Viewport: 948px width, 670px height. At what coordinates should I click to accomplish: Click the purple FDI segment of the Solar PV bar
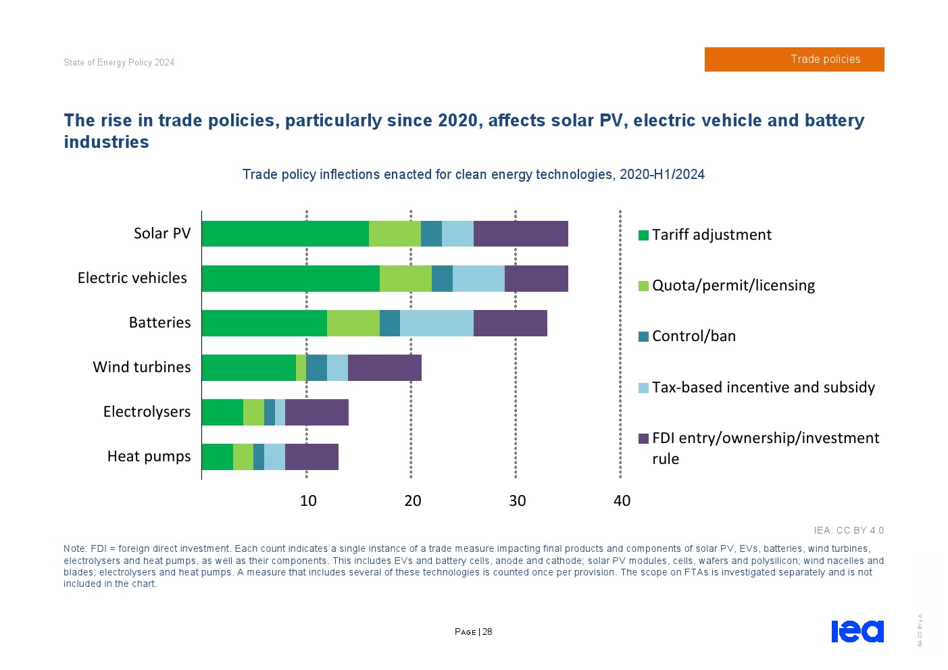point(520,234)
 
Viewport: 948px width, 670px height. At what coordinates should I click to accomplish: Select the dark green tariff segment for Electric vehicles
point(291,278)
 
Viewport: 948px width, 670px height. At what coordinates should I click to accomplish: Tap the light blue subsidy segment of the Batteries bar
point(436,323)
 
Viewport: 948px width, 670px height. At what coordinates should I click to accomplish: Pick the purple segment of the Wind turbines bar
point(384,367)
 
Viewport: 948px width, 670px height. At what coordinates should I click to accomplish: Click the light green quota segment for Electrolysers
point(253,412)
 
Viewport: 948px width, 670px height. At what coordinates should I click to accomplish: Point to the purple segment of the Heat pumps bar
point(311,457)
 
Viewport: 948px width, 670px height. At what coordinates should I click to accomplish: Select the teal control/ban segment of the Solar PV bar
point(431,234)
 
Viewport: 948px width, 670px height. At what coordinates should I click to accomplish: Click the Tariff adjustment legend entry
point(711,235)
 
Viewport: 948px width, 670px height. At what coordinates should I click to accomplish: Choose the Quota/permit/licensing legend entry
point(732,286)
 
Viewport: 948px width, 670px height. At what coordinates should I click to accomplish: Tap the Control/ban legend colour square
point(643,336)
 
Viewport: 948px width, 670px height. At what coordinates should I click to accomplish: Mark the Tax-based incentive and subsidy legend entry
point(763,388)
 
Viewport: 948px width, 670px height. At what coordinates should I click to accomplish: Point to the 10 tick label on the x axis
point(308,501)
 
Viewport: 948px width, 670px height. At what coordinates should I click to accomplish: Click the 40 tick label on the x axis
point(622,501)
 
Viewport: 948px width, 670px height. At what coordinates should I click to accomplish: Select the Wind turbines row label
point(142,367)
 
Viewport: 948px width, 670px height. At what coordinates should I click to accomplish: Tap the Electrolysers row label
point(147,412)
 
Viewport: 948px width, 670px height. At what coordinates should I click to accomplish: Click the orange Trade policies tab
point(794,59)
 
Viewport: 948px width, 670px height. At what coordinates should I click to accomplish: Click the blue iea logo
point(857,631)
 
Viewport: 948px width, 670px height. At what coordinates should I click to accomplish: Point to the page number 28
point(487,632)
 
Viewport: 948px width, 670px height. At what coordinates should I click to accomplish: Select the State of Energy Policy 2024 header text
point(119,63)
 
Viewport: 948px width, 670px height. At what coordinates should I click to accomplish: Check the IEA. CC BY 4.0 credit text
point(848,531)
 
